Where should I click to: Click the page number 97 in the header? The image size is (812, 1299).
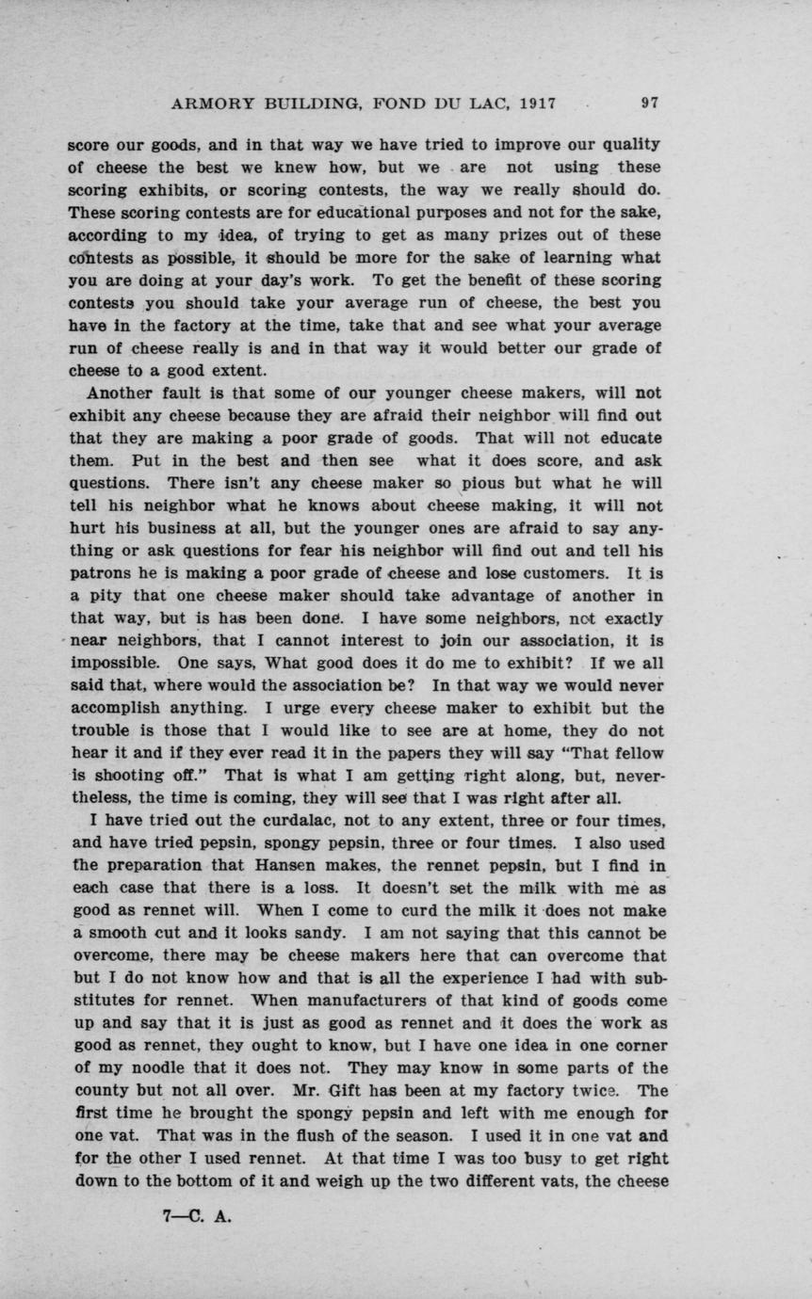[650, 104]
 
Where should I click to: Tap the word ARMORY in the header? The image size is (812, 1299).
[208, 104]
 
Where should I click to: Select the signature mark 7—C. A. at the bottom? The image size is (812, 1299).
[197, 1214]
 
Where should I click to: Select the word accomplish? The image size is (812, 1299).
[117, 708]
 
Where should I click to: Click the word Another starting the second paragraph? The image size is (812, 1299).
[128, 393]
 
